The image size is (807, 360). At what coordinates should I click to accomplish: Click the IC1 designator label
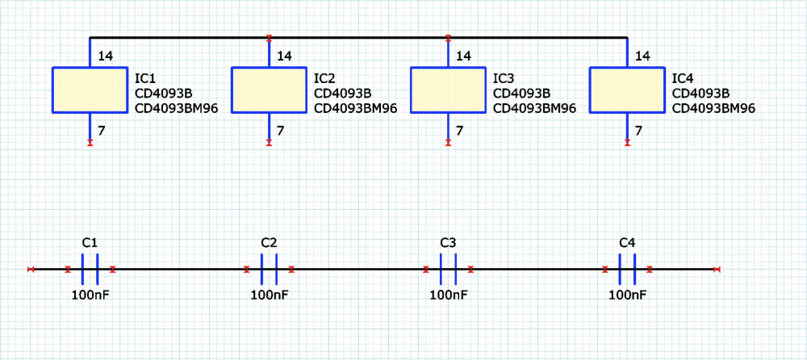[145, 78]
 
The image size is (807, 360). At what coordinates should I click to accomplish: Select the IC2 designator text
[324, 78]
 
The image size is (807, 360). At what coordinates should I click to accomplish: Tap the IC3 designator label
[504, 78]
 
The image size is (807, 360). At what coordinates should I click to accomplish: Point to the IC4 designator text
[683, 78]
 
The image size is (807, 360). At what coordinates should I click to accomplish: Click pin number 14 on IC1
[105, 57]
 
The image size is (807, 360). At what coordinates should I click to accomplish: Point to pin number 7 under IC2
[280, 130]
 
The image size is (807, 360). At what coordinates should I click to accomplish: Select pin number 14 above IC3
[463, 57]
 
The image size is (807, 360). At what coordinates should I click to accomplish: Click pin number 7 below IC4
[638, 130]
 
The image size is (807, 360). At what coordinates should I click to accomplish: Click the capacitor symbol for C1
[90, 269]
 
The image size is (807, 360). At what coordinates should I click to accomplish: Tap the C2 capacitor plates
[269, 269]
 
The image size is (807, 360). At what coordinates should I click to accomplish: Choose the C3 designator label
[448, 243]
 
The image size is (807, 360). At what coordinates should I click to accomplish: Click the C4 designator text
[627, 243]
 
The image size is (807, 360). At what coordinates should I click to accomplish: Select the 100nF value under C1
[90, 295]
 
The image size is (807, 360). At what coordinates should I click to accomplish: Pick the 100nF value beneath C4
[627, 295]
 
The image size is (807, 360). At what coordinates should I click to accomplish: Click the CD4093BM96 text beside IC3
[534, 108]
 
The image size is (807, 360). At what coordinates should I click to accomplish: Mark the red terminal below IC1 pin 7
[90, 143]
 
